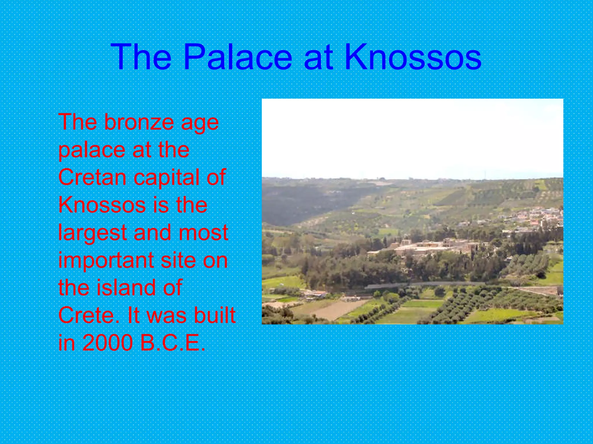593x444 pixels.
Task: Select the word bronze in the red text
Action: [x=139, y=122]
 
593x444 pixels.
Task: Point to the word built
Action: [x=215, y=315]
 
